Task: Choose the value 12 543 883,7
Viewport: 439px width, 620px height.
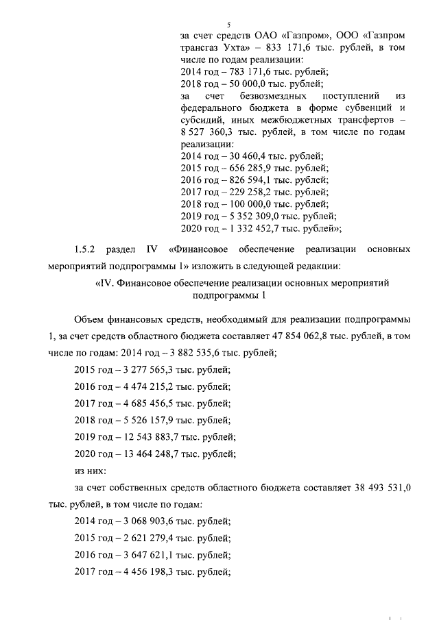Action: coord(152,436)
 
